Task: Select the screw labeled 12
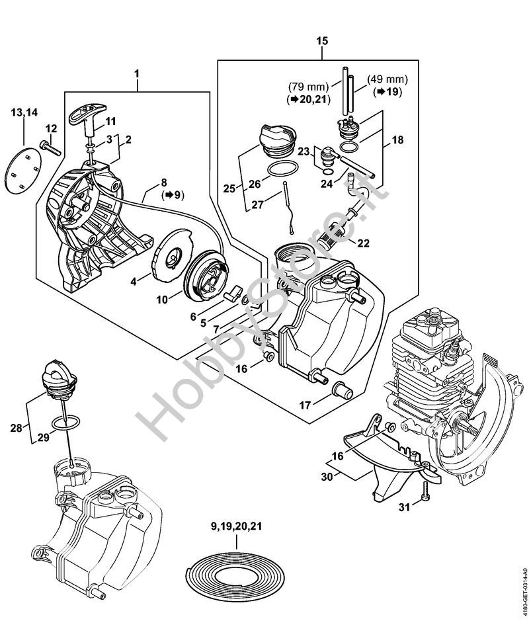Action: [50, 148]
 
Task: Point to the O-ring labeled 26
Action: [282, 169]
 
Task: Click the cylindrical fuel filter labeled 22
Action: [331, 236]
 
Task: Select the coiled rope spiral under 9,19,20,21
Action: [235, 577]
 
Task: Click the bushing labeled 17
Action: [343, 390]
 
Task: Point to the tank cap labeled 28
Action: [58, 378]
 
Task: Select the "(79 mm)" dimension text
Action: [308, 86]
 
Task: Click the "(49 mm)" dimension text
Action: [387, 79]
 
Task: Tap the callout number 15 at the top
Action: [322, 41]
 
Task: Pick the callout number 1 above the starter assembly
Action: [137, 74]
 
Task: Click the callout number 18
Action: [398, 140]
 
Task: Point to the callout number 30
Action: [327, 477]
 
